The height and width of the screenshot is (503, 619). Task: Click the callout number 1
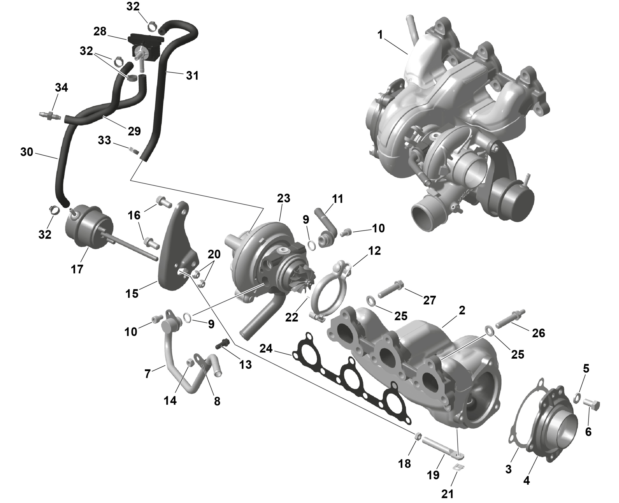pos(380,35)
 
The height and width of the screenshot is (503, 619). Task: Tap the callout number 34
pos(61,88)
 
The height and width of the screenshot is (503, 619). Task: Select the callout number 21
pos(447,494)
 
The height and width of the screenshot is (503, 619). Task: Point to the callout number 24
pos(266,349)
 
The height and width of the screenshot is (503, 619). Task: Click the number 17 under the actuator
pos(77,269)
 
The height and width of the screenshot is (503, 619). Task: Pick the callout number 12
pos(374,251)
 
